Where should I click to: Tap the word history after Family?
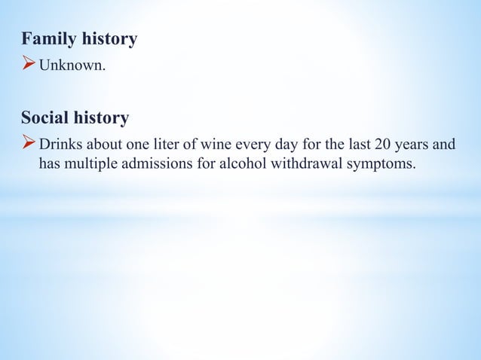109,39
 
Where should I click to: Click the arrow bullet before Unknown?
29,69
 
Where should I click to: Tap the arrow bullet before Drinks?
29,143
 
